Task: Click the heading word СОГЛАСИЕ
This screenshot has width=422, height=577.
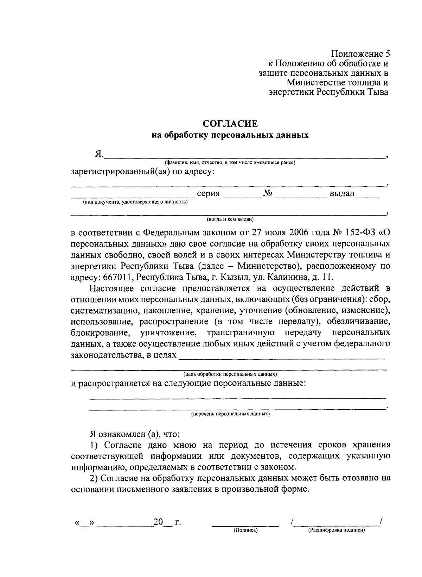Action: pos(230,124)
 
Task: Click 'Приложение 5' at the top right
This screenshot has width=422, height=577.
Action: pos(360,54)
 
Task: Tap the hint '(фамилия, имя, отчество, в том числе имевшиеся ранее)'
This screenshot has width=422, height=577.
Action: pos(230,163)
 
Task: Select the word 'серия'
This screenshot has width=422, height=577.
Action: pos(208,193)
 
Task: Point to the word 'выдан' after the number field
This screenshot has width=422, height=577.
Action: pos(342,193)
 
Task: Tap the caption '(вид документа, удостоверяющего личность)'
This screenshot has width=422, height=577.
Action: pos(135,202)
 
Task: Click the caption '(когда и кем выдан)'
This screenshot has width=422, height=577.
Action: pos(230,219)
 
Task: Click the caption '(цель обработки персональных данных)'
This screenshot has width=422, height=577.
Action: pos(230,374)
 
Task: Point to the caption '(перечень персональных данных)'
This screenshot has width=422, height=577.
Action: pos(230,414)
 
